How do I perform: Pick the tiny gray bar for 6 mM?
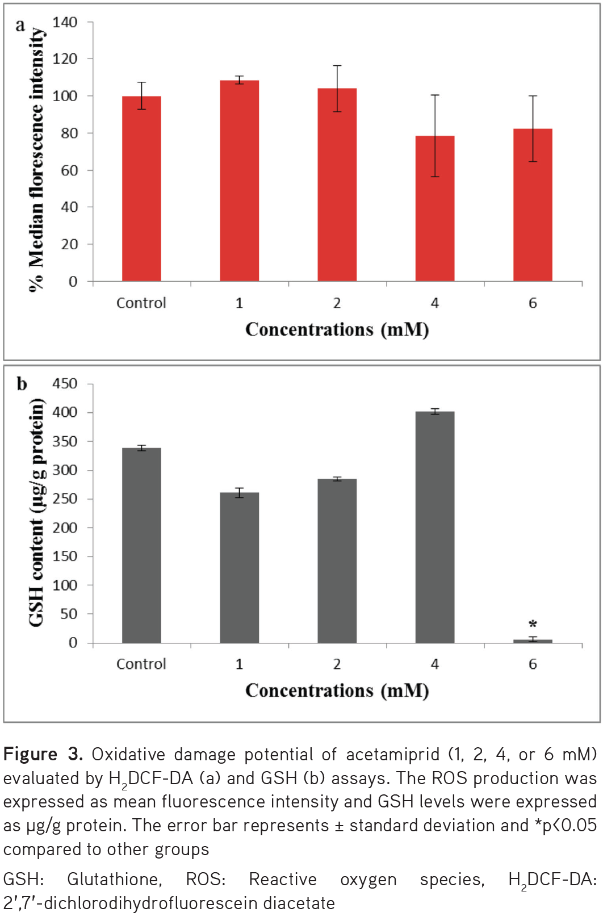coord(533,641)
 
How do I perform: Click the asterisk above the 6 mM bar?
coord(533,624)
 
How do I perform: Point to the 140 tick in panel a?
coord(65,23)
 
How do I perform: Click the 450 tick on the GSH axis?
coord(65,384)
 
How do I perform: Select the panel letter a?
coord(20,25)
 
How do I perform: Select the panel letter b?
coord(22,384)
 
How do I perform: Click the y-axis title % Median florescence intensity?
coord(36,159)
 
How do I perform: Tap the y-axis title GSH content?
coord(36,512)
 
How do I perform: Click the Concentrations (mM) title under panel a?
coord(337,329)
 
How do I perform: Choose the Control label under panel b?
coord(141,664)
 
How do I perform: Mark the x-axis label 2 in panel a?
coord(337,303)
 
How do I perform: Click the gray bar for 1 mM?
coord(239,568)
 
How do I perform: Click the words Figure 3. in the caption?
coord(43,754)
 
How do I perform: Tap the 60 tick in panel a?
coord(69,170)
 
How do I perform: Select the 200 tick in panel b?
coord(65,528)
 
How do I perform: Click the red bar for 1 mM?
coord(239,182)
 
